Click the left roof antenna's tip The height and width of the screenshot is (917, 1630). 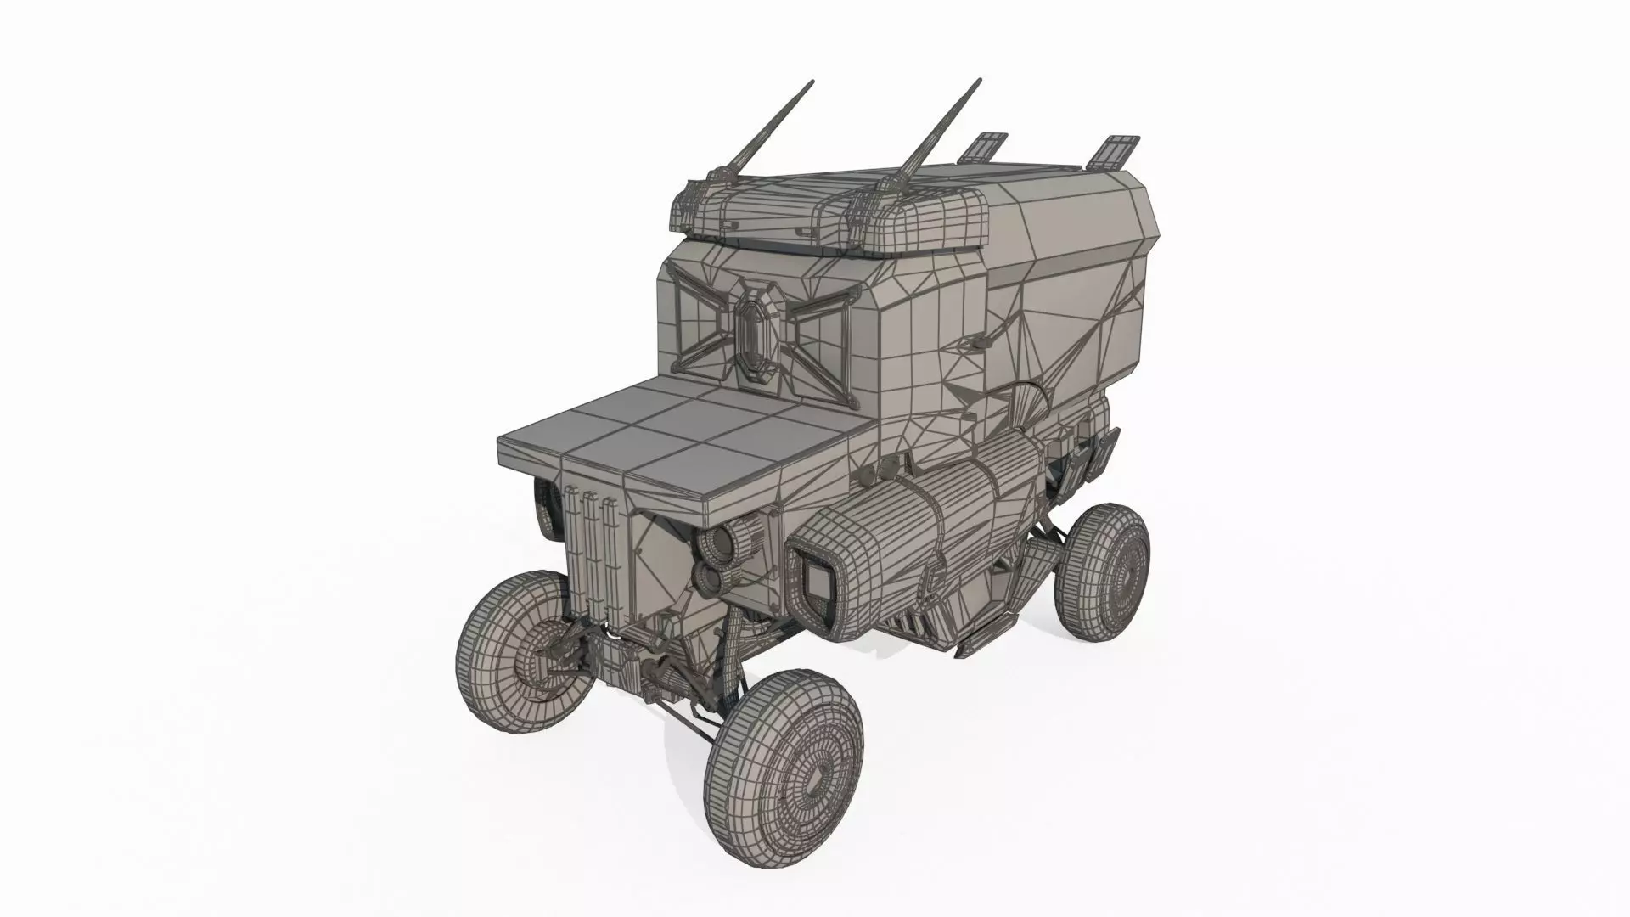click(812, 82)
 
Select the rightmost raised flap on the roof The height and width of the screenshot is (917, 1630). click(1111, 150)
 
